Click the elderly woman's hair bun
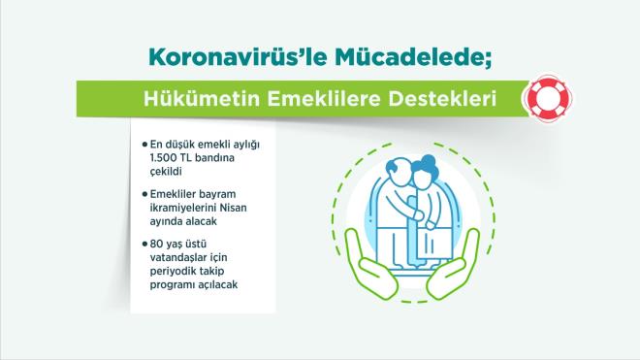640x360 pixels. click(x=438, y=161)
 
